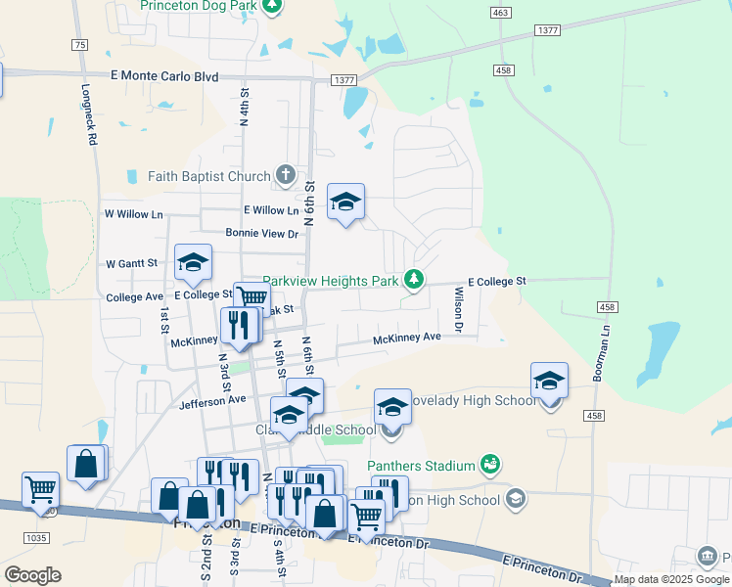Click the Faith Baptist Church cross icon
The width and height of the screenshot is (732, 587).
(286, 176)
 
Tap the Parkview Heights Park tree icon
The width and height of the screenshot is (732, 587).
(415, 281)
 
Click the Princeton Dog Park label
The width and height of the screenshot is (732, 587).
(200, 6)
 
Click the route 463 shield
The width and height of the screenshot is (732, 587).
(502, 13)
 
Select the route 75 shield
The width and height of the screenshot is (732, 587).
(79, 44)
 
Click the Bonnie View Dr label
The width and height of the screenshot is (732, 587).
(261, 233)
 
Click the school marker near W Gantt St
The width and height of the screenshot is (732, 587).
(193, 262)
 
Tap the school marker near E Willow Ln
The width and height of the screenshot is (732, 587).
(344, 202)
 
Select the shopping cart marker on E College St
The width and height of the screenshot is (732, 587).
(252, 296)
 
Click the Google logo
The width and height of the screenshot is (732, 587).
(32, 575)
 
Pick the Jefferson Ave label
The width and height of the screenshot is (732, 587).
(212, 400)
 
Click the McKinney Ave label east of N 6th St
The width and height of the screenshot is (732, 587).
(406, 338)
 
